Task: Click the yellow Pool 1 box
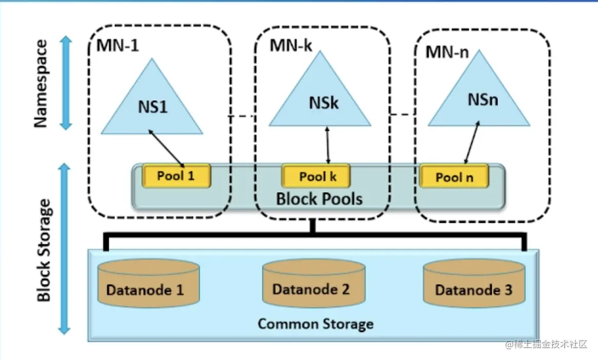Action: [176, 176]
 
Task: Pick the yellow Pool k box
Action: [317, 177]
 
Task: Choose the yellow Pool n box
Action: [454, 177]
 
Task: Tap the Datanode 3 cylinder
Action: [473, 283]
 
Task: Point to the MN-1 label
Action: [118, 45]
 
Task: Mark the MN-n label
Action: [447, 52]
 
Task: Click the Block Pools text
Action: [319, 198]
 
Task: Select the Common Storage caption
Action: [315, 324]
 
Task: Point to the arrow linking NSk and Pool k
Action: [327, 146]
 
